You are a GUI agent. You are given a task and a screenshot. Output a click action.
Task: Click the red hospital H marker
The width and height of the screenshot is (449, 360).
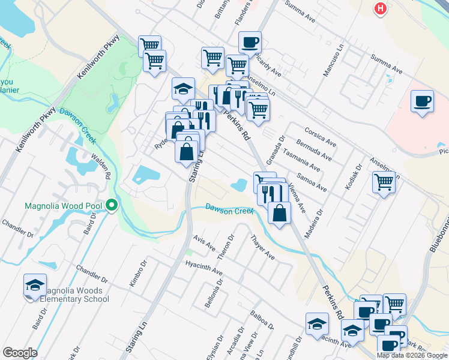point(379,8)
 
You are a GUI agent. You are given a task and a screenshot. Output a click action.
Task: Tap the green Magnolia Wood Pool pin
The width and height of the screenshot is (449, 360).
point(112,206)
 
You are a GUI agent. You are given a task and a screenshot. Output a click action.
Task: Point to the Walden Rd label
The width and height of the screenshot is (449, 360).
point(101,167)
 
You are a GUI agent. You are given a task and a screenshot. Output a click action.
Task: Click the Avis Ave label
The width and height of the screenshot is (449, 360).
point(204,243)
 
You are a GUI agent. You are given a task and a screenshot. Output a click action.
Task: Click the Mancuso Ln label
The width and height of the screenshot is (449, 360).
point(336,64)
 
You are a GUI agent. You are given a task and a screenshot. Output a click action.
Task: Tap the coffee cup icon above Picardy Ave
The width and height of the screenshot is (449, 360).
point(250,43)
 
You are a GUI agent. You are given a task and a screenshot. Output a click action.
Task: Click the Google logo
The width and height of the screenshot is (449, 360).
point(20,352)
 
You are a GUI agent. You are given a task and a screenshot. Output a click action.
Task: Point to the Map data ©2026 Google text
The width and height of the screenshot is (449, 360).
point(411,355)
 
